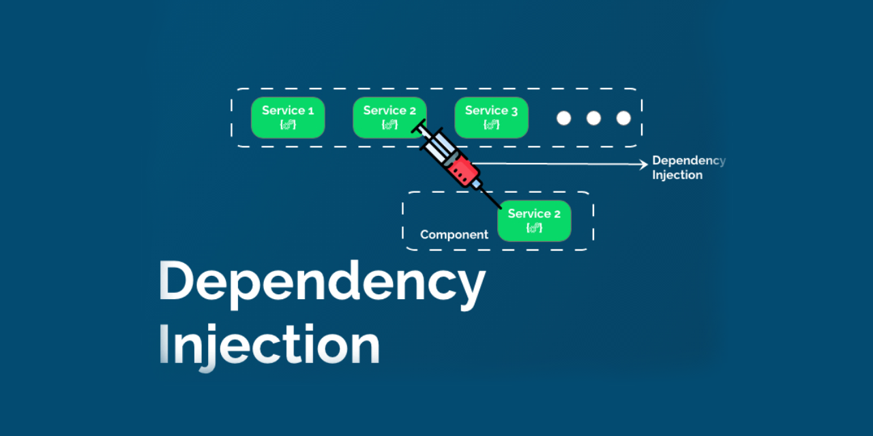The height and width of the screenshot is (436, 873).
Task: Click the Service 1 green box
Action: pos(288,118)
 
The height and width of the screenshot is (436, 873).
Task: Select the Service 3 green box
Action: pos(491,118)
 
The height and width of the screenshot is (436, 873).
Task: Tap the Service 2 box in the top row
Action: pos(385,118)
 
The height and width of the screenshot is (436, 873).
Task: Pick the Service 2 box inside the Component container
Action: pos(534,221)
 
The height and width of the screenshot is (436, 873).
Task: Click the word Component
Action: pos(454,235)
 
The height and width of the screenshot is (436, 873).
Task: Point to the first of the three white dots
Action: pos(563,118)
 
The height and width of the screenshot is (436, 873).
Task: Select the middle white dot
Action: pos(593,118)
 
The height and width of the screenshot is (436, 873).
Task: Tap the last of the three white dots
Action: pos(623,118)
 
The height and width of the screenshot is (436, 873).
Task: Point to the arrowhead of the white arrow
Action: pos(643,163)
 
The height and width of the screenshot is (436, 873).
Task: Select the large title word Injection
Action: pos(269,345)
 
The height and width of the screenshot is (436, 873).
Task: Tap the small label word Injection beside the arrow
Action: pos(677,175)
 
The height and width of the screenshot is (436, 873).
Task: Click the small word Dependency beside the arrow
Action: pos(688,161)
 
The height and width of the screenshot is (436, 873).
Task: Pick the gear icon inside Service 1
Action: pos(288,125)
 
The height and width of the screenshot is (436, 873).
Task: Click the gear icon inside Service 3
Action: pos(491,125)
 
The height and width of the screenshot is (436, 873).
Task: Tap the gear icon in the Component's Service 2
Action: pos(534,228)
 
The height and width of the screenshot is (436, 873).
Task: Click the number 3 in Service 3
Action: pos(514,110)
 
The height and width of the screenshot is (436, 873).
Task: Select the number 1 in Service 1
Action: pos(311,110)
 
